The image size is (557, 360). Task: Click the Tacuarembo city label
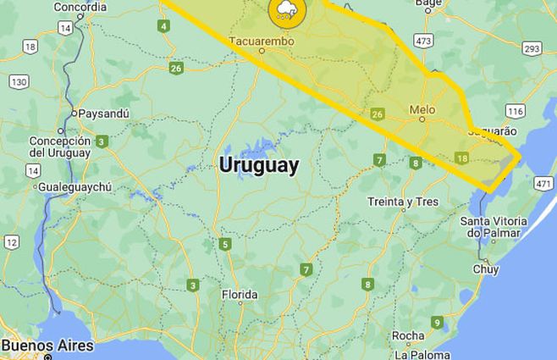tap(261, 39)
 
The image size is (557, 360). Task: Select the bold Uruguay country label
tap(259, 165)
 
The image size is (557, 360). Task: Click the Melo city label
tap(422, 109)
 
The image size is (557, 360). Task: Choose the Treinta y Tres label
tap(403, 202)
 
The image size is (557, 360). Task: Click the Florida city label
tap(239, 295)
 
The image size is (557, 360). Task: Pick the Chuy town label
tap(486, 269)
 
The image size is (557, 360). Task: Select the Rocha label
tap(408, 335)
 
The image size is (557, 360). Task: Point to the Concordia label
tap(80, 7)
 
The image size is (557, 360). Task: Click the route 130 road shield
tap(19, 81)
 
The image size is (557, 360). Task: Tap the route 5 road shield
tap(224, 245)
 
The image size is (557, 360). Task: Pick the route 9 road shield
tap(437, 322)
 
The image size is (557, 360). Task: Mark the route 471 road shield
tap(543, 183)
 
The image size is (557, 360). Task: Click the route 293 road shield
tap(532, 48)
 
